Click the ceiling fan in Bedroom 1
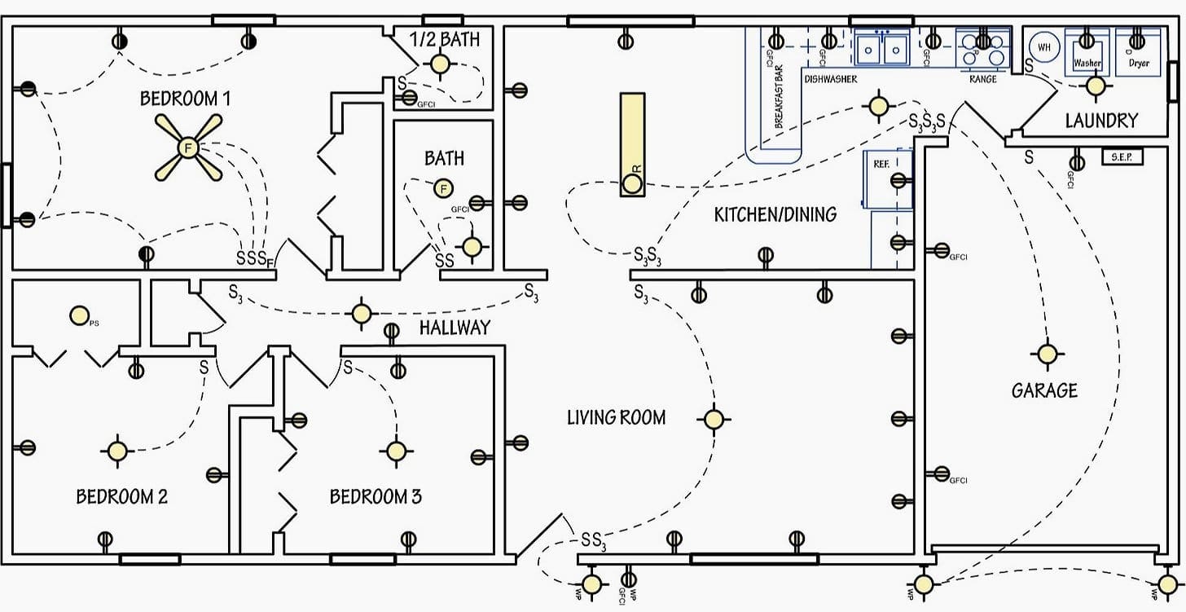tap(188, 147)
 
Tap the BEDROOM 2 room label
tap(122, 496)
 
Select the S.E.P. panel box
tap(1122, 156)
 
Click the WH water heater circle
tap(1044, 47)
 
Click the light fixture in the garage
tap(1046, 354)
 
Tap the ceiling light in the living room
tap(713, 419)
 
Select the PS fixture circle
tap(79, 315)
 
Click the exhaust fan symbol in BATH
tap(443, 189)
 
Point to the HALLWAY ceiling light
tap(361, 313)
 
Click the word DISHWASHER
tap(830, 79)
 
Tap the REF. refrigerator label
tap(881, 164)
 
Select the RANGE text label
tap(982, 79)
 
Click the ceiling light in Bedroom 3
tap(396, 451)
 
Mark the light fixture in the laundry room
tap(1096, 86)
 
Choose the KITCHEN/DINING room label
tap(775, 214)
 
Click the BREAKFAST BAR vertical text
tap(779, 96)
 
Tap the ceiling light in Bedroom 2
tap(116, 450)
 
